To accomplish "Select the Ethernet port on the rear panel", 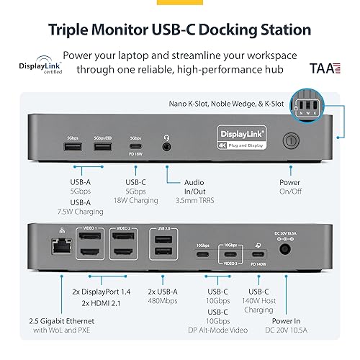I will pos(55,247).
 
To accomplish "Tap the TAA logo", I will pos(322,70).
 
